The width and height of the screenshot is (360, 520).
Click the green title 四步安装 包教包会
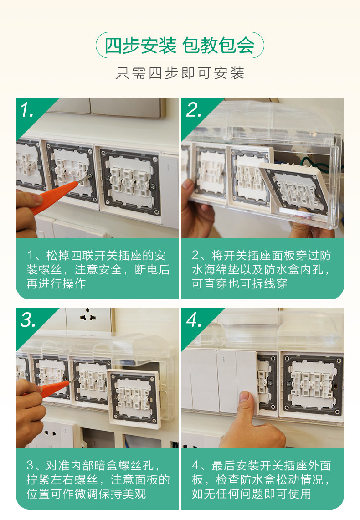tap(180, 46)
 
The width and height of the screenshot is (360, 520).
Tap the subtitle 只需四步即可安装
tap(180, 73)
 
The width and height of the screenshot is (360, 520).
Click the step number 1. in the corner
tap(27, 110)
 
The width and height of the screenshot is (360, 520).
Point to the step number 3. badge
tap(28, 320)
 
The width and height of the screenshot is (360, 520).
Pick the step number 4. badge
tap(194, 320)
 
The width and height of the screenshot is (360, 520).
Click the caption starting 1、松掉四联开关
tap(98, 269)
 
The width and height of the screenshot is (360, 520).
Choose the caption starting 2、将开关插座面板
tap(262, 269)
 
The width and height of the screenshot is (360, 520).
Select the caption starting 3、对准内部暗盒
tap(98, 479)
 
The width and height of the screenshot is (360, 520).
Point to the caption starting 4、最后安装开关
tap(262, 479)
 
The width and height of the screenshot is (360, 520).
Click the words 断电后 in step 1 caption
tap(152, 269)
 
